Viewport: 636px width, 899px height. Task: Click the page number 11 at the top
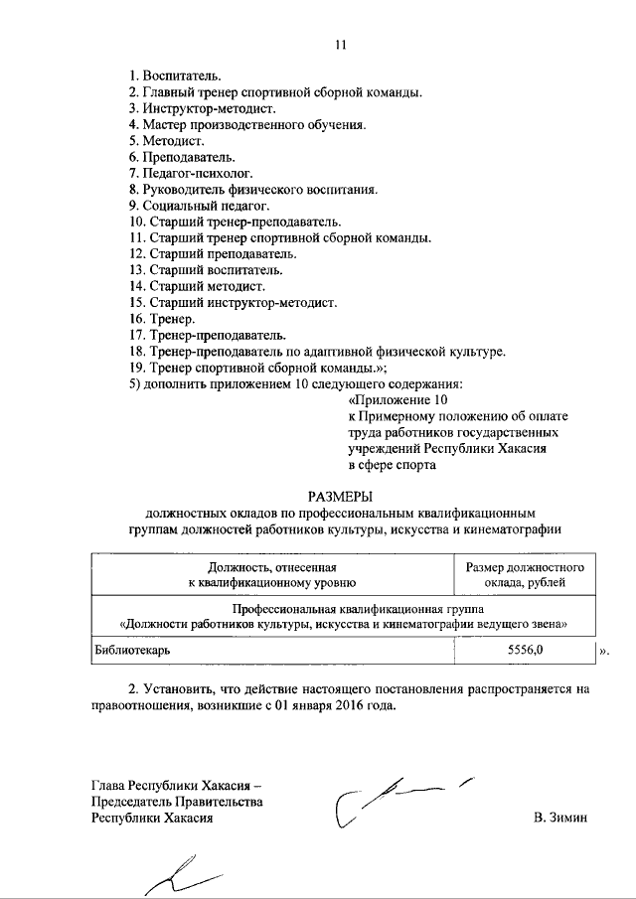[x=341, y=45]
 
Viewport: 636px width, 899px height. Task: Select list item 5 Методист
[x=167, y=141]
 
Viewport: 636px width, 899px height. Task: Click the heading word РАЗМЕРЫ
[x=340, y=495]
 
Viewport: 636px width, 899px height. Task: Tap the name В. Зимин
[x=560, y=817]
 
